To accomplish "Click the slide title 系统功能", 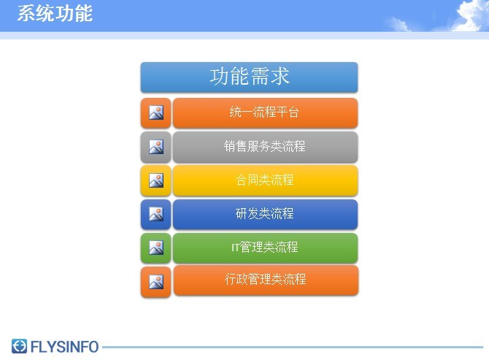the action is pos(55,14).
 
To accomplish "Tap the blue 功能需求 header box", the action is pos(249,77).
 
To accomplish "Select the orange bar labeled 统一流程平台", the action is pos(265,113).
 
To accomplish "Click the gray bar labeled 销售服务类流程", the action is pos(265,147).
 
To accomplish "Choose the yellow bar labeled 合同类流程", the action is pos(265,180).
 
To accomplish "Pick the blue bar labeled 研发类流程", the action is pos(265,214).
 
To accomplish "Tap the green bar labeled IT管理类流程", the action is pos(265,248).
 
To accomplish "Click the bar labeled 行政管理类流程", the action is pos(266,280).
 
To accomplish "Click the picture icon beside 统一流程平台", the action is pos(156,112).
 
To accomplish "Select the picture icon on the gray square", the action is pos(156,147).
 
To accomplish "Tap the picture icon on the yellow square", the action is pos(156,180).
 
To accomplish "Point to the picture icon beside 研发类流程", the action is pos(156,214).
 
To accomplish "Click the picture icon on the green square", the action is pos(156,248).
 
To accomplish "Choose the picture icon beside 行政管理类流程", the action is pos(156,282).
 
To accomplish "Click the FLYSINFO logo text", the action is pos(64,347).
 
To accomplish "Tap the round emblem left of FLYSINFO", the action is pos(19,346).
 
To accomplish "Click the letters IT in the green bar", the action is pos(235,248).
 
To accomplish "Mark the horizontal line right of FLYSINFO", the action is pos(293,347).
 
